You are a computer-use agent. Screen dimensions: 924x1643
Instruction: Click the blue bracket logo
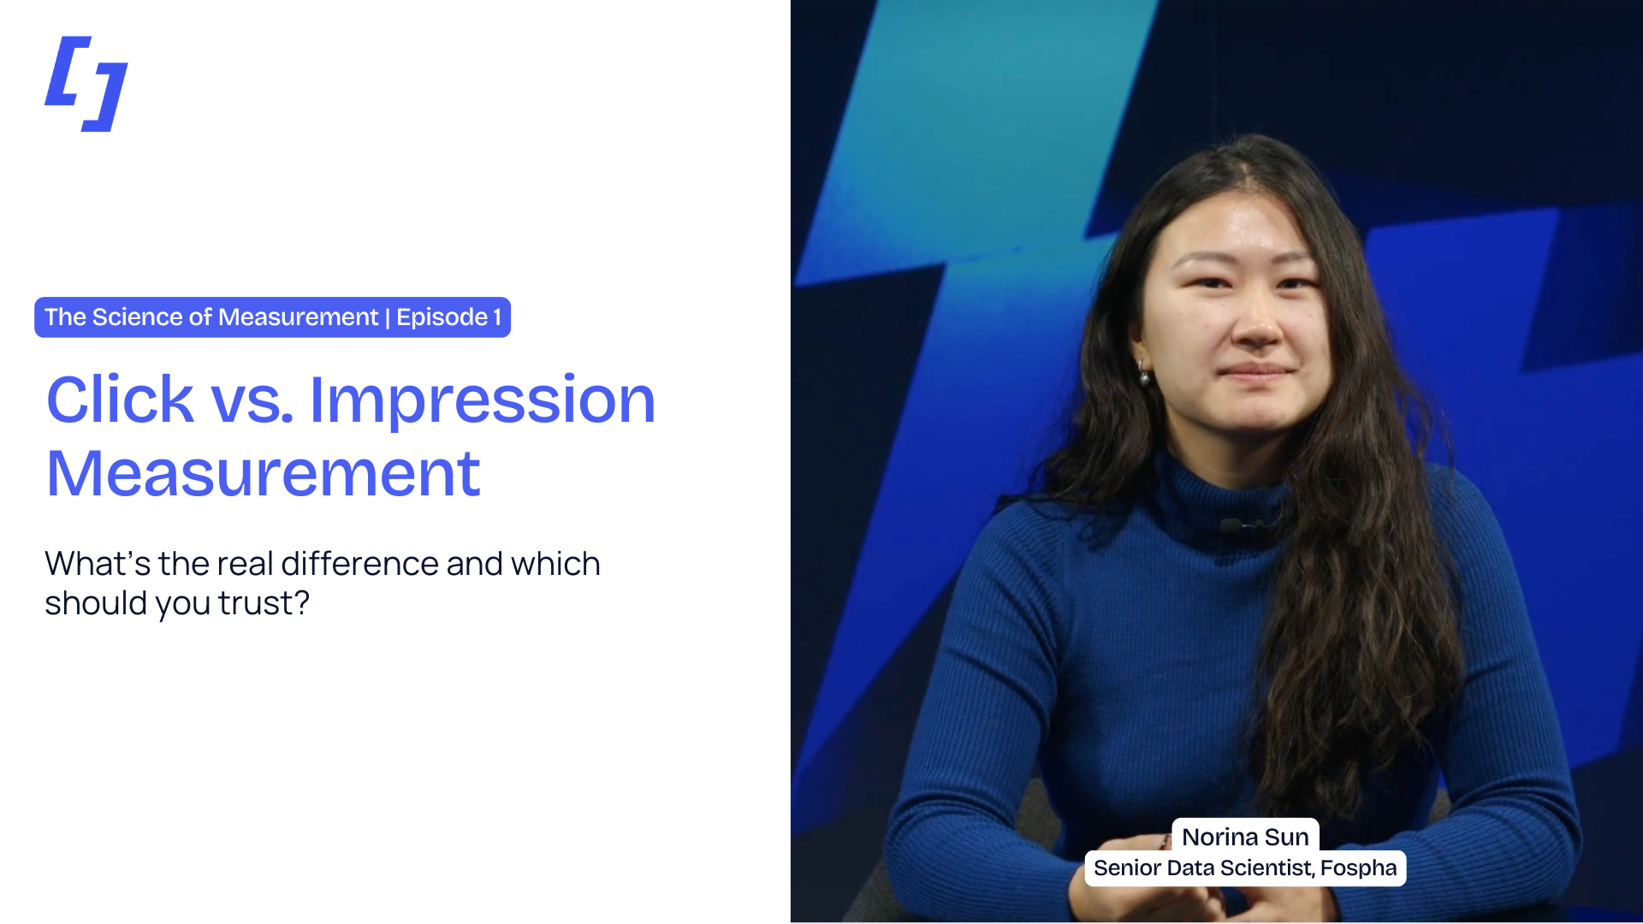tap(86, 84)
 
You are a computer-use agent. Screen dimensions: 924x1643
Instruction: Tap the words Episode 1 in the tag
tap(448, 317)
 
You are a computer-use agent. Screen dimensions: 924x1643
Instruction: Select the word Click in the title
tap(120, 400)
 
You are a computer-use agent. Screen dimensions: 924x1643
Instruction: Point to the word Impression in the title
tap(482, 400)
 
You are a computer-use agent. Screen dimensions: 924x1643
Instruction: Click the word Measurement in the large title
tap(263, 474)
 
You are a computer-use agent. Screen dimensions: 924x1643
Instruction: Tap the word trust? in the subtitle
tap(264, 603)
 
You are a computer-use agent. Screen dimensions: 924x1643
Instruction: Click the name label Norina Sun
tap(1245, 836)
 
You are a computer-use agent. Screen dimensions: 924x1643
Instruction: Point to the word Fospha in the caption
tap(1358, 868)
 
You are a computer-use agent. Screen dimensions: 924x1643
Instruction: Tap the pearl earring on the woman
tap(1143, 374)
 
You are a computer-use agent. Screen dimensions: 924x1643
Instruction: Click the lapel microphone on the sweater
tap(1233, 524)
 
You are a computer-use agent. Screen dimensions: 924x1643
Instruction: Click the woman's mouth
tap(1256, 372)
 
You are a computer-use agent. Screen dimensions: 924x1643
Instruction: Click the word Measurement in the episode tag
tap(298, 317)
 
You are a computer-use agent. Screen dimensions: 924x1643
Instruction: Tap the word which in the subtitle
tap(555, 564)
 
